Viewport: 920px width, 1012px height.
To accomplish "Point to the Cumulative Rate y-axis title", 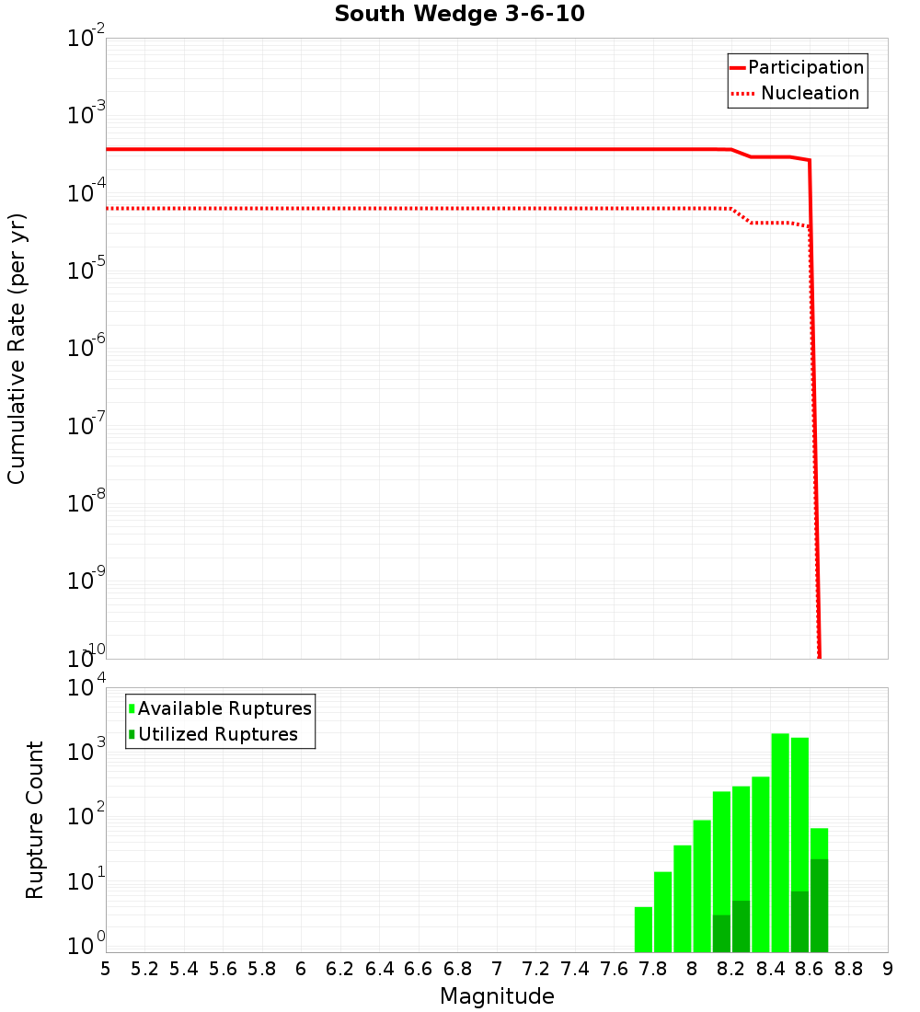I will pyautogui.click(x=17, y=349).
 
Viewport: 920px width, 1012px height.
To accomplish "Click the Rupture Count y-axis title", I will pyautogui.click(x=35, y=820).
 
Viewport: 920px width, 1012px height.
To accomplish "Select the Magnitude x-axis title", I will pyautogui.click(x=497, y=996).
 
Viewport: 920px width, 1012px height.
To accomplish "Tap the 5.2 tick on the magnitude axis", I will pyautogui.click(x=145, y=969).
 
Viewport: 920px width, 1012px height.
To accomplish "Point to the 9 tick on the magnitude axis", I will pyautogui.click(x=888, y=969).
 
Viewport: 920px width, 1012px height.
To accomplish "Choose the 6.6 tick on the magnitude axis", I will pyautogui.click(x=419, y=969).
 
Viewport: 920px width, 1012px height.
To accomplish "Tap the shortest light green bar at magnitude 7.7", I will pyautogui.click(x=643, y=929).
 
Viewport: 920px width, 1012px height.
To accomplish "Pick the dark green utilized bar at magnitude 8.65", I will pyautogui.click(x=819, y=906).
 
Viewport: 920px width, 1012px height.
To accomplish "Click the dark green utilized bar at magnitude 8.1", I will pyautogui.click(x=721, y=934).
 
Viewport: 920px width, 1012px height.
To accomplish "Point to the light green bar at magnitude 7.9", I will pyautogui.click(x=683, y=897).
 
